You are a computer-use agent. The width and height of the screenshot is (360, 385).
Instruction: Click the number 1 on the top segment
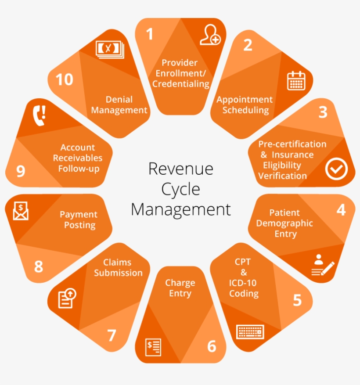coord(150,34)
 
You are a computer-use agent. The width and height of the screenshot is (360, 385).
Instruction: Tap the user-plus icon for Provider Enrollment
coord(210,35)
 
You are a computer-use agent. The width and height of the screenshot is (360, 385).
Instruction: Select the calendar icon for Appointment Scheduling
coord(296,81)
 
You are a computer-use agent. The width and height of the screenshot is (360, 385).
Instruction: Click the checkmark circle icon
coord(336,169)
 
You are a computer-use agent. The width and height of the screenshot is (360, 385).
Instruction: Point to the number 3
coord(323,112)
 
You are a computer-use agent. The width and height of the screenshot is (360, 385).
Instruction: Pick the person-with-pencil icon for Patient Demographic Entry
coord(323,266)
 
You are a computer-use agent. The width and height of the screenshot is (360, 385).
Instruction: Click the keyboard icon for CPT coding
coord(250,331)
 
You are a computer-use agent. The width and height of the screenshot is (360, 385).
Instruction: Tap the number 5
coord(297,300)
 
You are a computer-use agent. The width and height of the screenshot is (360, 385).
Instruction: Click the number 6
coord(212,346)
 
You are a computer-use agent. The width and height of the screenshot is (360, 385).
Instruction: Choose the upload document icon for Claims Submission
coord(67,298)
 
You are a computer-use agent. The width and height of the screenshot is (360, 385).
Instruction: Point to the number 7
coord(112,336)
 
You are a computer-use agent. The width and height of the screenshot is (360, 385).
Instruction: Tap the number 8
coord(39,266)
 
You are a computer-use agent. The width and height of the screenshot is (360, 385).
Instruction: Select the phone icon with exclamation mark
coord(39,115)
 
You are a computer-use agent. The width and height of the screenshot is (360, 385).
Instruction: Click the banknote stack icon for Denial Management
coord(110,48)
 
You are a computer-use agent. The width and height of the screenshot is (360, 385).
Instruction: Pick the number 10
coord(64,80)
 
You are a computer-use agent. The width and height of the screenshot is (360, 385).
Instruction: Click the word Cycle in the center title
coord(180,189)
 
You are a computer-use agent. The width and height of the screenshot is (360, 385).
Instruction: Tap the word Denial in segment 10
coord(119,100)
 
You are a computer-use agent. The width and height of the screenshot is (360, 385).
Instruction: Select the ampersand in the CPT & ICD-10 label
coord(244,273)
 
